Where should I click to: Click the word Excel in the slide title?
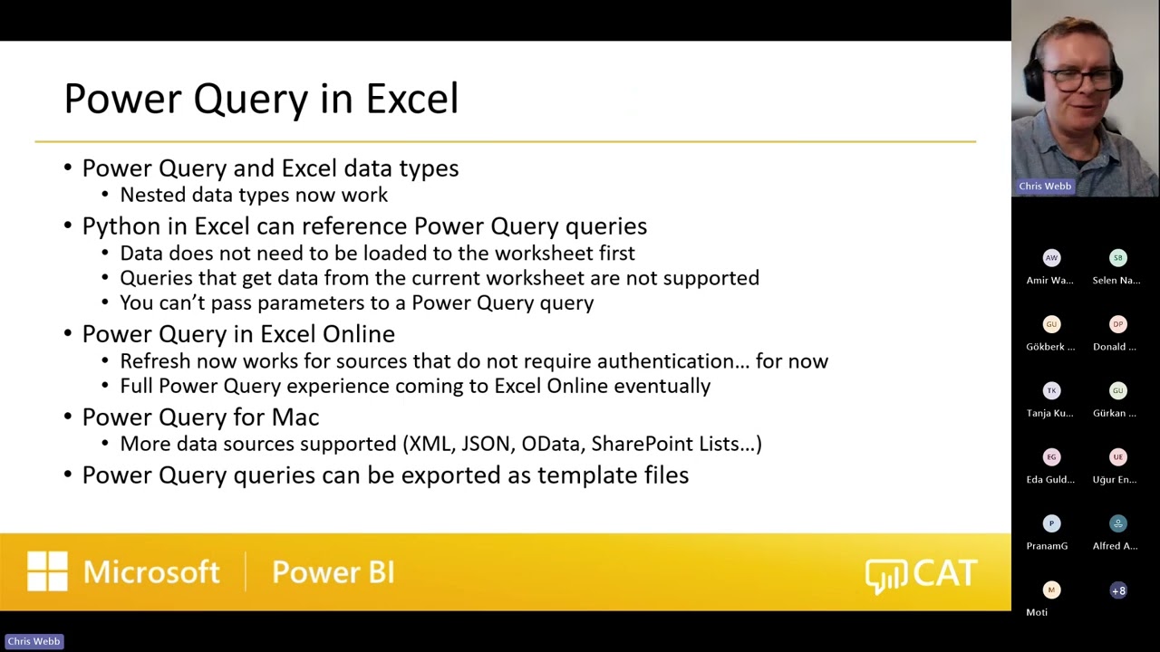[x=411, y=99]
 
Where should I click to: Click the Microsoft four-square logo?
[x=47, y=572]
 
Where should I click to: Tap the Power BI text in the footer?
[x=333, y=572]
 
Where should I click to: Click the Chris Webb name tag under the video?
[x=1045, y=187]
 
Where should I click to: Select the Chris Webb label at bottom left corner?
[x=34, y=641]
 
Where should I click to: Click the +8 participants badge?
[x=1118, y=590]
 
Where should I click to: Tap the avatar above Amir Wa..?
[x=1051, y=258]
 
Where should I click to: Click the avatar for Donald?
[x=1118, y=324]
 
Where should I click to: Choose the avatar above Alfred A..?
[x=1118, y=523]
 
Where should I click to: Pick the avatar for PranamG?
[x=1051, y=523]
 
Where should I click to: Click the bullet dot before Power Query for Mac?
[x=69, y=417]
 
